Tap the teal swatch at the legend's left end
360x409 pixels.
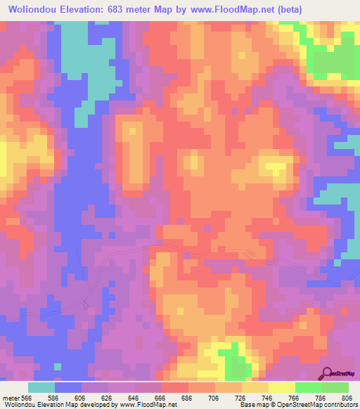tap(41, 387)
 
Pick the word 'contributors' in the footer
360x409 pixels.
tap(338, 405)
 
